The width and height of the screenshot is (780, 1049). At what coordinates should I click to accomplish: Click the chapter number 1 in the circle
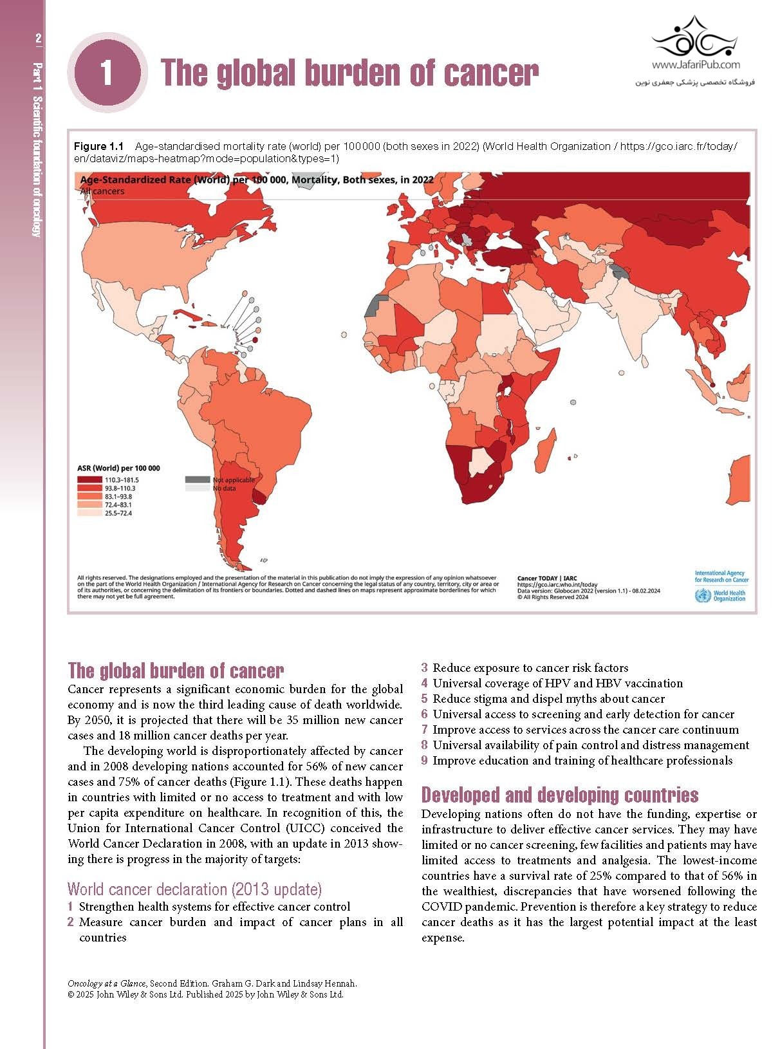point(107,72)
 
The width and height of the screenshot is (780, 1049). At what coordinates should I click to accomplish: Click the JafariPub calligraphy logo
point(695,39)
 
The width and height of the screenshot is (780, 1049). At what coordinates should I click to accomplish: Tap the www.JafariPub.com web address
point(695,64)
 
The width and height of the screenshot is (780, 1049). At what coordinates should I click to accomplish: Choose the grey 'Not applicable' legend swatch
point(198,479)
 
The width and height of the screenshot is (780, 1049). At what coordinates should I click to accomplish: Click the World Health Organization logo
point(721,596)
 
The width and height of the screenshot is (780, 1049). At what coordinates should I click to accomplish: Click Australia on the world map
point(740,479)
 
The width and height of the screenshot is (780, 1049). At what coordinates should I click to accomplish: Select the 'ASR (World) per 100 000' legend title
point(118,469)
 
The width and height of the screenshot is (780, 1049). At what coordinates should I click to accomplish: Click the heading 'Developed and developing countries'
point(560,795)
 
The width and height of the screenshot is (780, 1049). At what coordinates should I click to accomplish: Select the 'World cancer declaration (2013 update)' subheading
point(194,889)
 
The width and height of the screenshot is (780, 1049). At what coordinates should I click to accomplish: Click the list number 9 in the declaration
point(425,761)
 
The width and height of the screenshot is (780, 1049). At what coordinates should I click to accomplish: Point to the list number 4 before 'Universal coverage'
point(425,683)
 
